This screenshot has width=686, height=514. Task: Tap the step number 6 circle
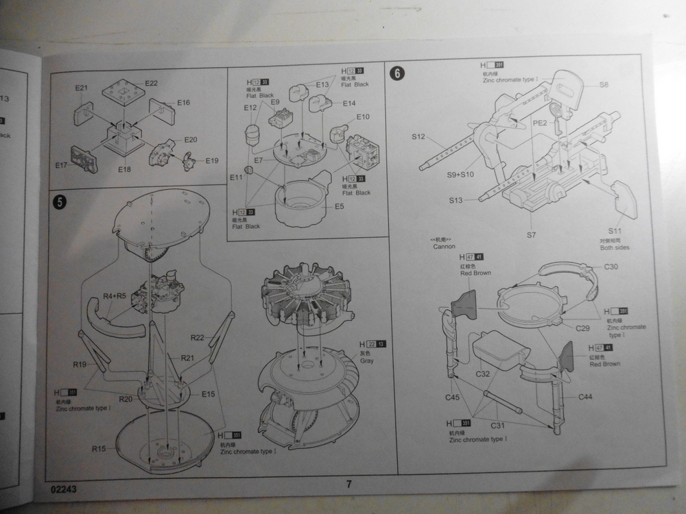(397, 71)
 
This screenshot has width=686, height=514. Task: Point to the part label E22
(151, 83)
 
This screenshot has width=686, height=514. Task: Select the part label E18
(124, 169)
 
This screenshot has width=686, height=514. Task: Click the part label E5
(340, 206)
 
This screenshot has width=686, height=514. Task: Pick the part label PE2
(540, 123)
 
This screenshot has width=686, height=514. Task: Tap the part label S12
(419, 137)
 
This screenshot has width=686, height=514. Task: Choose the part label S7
(531, 235)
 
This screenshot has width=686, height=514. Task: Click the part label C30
(611, 266)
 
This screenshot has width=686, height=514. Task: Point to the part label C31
(498, 426)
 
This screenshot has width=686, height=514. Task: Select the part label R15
(99, 449)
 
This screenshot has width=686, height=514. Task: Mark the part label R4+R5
(115, 296)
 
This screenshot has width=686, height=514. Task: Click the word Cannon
(444, 246)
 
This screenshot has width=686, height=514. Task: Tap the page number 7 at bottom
(348, 484)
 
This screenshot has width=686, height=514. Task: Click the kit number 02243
(64, 490)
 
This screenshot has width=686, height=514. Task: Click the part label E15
(209, 393)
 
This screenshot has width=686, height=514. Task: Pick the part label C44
(585, 397)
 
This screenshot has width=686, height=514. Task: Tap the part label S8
(604, 84)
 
